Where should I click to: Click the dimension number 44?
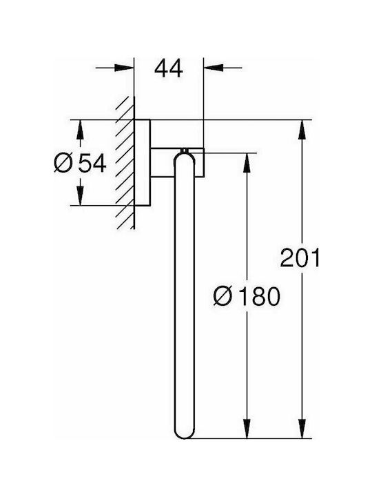coord(169,68)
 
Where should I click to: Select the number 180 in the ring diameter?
coord(259,296)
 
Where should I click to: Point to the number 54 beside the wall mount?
coord(92,163)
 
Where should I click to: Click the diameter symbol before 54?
coord(63,163)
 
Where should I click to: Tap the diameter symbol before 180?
coord(223,296)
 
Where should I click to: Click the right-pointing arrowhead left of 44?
coord(124,68)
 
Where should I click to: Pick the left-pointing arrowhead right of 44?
coord(214,68)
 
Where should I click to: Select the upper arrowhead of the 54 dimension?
coord(81,130)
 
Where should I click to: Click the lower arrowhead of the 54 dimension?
coord(81,195)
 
